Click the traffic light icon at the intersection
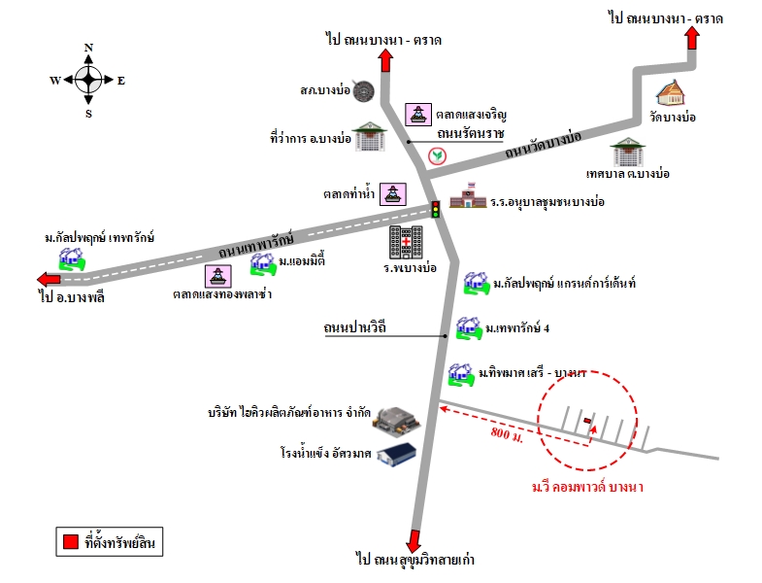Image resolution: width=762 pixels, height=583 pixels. click(436, 209)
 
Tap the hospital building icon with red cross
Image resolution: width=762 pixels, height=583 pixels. click(406, 242)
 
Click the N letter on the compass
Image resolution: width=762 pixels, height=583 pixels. click(88, 48)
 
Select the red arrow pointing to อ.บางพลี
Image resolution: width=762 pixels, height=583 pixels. click(50, 279)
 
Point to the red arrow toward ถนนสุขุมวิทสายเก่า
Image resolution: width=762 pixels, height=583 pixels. click(414, 540)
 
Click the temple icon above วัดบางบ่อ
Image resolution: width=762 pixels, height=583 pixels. click(671, 93)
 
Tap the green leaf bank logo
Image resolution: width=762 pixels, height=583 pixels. click(437, 155)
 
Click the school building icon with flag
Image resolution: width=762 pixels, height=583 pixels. click(468, 195)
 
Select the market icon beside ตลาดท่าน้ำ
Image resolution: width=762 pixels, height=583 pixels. click(393, 194)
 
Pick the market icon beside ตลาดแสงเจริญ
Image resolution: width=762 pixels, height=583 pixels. click(418, 115)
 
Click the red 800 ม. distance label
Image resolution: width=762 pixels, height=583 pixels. click(507, 433)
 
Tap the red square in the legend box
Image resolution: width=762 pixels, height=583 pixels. click(71, 541)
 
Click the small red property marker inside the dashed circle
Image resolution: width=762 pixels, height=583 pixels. click(587, 420)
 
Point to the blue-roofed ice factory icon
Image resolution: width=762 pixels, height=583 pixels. click(397, 455)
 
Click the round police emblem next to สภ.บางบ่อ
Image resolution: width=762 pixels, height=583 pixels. click(363, 91)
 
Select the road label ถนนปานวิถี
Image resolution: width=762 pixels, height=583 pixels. click(355, 327)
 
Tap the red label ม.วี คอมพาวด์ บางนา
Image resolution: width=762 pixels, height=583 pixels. click(587, 487)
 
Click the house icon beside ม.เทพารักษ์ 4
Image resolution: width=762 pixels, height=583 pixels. click(469, 328)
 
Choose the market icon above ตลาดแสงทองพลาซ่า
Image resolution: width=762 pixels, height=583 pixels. click(217, 276)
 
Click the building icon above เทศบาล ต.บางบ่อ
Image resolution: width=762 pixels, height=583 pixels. click(628, 153)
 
